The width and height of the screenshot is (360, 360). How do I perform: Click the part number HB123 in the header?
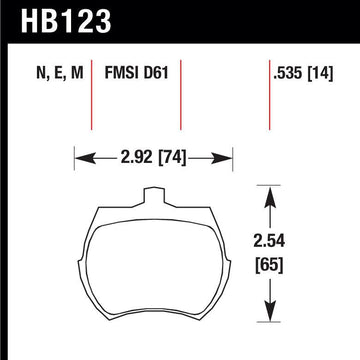coord(66,20)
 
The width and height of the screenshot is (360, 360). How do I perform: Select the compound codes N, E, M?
coord(60,73)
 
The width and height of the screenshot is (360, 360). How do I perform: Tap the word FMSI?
coord(122,73)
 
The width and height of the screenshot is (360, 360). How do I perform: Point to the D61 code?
coord(156,73)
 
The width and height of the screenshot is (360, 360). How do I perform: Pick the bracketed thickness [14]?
coord(320,73)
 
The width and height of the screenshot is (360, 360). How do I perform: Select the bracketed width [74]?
coord(171,157)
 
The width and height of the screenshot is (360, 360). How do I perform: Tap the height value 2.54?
coord(269,241)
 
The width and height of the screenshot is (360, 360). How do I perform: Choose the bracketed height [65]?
coord(269,265)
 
